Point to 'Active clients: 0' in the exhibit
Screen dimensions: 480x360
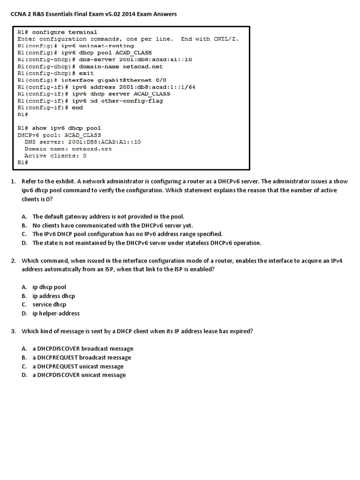coord(55,156)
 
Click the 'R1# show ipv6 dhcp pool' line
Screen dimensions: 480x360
coord(59,128)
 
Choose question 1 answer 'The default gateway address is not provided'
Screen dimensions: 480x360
coord(108,217)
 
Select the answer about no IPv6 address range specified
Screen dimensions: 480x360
coord(127,234)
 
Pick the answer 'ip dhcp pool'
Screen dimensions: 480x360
coord(49,287)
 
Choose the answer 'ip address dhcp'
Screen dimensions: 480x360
coord(53,296)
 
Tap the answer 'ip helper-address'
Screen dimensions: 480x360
coord(56,313)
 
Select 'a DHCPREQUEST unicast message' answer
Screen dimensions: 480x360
coord(78,366)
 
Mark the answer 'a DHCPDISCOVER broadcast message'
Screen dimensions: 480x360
coord(82,349)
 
